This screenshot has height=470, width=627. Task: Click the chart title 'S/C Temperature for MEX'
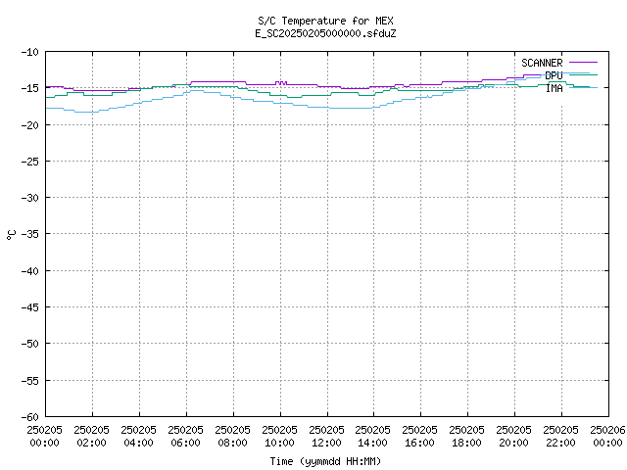click(325, 21)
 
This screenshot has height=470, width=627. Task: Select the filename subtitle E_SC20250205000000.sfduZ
click(325, 33)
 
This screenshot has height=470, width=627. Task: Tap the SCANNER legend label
click(542, 63)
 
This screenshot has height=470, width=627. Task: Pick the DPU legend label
click(554, 75)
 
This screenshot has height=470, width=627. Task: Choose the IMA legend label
click(555, 88)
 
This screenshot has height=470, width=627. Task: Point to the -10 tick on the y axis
click(30, 52)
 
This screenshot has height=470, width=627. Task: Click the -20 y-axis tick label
click(30, 125)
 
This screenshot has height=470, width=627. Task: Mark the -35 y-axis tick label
click(30, 234)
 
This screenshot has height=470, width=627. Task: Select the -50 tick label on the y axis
click(30, 344)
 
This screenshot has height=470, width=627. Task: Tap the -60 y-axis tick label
click(30, 417)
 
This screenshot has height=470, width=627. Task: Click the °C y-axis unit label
click(11, 235)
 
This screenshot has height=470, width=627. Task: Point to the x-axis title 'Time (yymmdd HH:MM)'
click(325, 461)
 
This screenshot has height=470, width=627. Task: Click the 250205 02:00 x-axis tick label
click(91, 436)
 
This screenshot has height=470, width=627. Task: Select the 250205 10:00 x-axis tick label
click(279, 436)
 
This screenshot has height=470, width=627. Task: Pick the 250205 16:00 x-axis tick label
click(419, 436)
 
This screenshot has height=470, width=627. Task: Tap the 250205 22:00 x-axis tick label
click(560, 436)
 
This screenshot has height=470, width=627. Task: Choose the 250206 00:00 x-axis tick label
click(607, 436)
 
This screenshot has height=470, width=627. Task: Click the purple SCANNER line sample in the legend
click(584, 63)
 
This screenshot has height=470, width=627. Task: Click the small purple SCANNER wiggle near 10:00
click(281, 83)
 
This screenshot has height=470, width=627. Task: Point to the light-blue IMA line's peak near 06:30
click(196, 91)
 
